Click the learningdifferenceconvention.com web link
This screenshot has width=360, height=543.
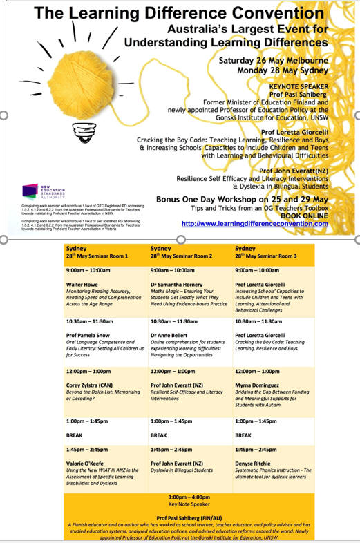(254, 224)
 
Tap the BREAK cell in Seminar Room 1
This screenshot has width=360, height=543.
(74, 435)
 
